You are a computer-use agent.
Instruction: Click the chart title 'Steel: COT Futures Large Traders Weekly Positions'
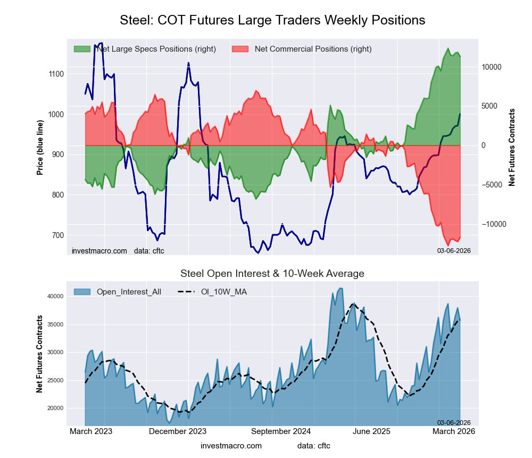click(272, 20)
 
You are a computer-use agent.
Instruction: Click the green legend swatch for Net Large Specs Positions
click(82, 49)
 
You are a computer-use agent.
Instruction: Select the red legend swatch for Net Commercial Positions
click(241, 49)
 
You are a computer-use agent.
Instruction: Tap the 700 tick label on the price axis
click(56, 235)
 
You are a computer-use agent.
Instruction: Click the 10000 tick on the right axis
click(492, 67)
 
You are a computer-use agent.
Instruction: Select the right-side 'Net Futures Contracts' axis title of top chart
click(512, 147)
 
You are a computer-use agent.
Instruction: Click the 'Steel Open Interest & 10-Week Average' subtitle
click(272, 274)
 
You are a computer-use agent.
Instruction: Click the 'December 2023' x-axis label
click(178, 431)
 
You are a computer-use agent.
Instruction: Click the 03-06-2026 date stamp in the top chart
click(454, 250)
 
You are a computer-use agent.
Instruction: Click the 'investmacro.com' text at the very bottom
click(231, 446)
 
